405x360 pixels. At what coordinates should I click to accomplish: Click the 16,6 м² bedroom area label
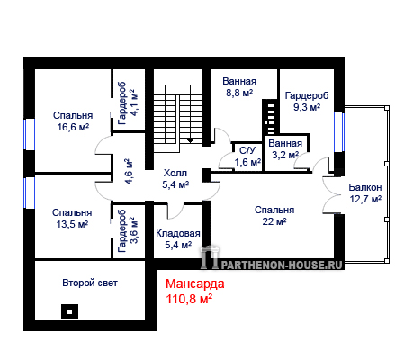click(x=73, y=127)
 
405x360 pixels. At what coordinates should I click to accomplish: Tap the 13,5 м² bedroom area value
click(x=72, y=224)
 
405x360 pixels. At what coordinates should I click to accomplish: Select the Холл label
click(x=175, y=173)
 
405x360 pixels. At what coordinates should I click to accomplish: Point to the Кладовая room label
click(x=178, y=233)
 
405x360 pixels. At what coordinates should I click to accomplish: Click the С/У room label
click(x=247, y=150)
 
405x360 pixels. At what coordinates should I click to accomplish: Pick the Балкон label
click(x=365, y=187)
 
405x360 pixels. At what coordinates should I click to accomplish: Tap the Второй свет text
click(x=90, y=283)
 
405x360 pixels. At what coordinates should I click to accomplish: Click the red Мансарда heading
click(x=195, y=283)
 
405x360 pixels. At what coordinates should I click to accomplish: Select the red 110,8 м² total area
click(x=189, y=299)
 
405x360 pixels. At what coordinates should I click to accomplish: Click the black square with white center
click(x=69, y=311)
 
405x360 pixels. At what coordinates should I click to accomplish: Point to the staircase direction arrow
click(x=191, y=140)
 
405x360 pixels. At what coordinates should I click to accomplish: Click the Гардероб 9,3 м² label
click(x=307, y=102)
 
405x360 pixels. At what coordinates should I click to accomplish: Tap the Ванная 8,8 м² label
click(x=239, y=87)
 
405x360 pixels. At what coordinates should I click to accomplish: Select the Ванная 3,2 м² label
click(x=285, y=149)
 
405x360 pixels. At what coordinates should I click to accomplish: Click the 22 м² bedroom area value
click(x=274, y=221)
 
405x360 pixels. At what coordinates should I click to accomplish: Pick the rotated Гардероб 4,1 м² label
click(x=128, y=103)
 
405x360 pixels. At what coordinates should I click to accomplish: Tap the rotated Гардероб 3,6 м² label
click(x=128, y=230)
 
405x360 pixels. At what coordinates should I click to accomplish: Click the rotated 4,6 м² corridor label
click(x=129, y=171)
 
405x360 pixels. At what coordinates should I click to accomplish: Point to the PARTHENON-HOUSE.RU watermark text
click(x=282, y=265)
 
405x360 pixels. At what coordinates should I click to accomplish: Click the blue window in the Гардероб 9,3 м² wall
click(x=339, y=132)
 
